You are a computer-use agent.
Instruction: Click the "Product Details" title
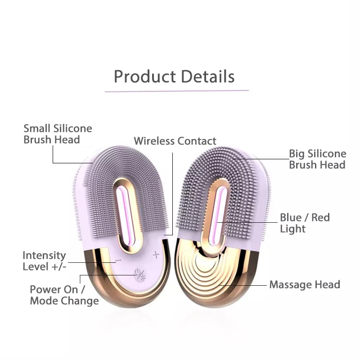pyautogui.click(x=174, y=76)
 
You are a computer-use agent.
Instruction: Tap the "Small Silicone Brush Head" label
pyautogui.click(x=58, y=134)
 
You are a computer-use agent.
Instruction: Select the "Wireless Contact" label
pyautogui.click(x=175, y=141)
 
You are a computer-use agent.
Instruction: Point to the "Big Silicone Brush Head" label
pyautogui.click(x=317, y=159)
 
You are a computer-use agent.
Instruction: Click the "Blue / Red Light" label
pyautogui.click(x=305, y=223)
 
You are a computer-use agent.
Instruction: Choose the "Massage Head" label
pyautogui.click(x=305, y=284)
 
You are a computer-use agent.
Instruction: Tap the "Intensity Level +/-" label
pyautogui.click(x=44, y=261)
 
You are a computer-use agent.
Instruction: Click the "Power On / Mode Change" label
pyautogui.click(x=64, y=295)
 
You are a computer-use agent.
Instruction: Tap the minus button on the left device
pyautogui.click(x=118, y=260)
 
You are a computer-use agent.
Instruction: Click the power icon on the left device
pyautogui.click(x=138, y=274)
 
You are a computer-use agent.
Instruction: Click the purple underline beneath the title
pyautogui.click(x=176, y=91)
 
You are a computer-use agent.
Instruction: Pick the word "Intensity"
pyautogui.click(x=44, y=255)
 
